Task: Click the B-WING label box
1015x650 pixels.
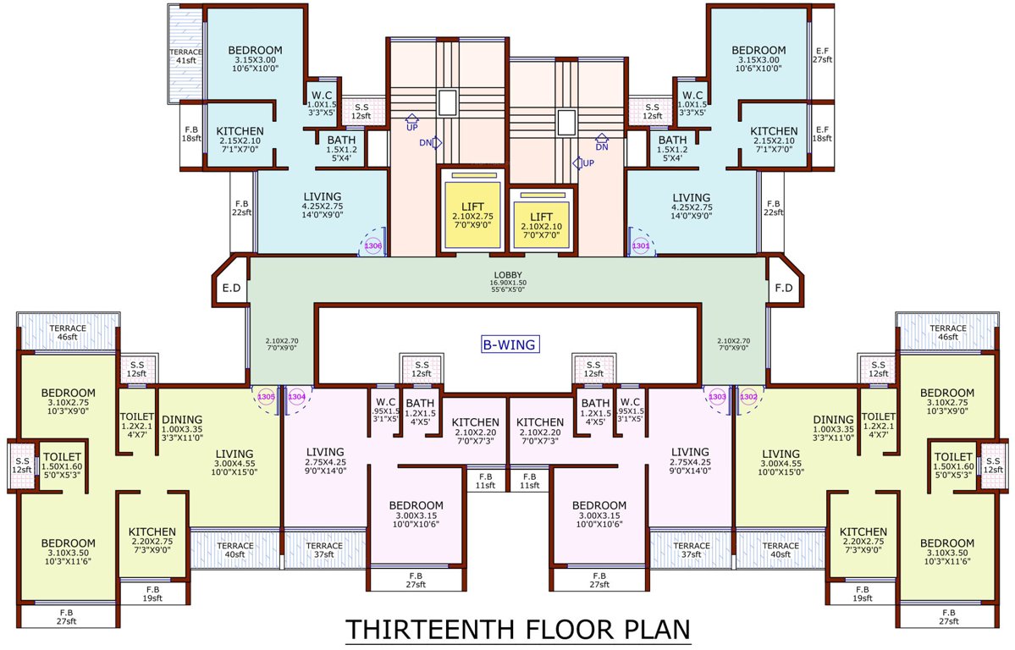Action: tap(510, 344)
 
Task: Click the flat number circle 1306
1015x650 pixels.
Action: tap(373, 245)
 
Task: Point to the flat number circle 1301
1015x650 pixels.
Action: tap(641, 245)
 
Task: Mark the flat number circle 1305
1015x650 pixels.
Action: tap(266, 396)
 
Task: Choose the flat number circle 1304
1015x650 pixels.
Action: tap(296, 396)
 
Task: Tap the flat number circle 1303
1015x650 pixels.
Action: tap(717, 396)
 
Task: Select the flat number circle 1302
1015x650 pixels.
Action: tap(748, 396)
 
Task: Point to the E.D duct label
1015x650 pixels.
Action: tap(231, 288)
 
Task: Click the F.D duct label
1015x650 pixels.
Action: tap(783, 288)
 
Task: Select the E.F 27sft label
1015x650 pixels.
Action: tap(822, 55)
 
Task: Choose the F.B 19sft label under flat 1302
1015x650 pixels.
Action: tap(863, 593)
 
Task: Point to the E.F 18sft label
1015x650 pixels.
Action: tap(822, 132)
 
